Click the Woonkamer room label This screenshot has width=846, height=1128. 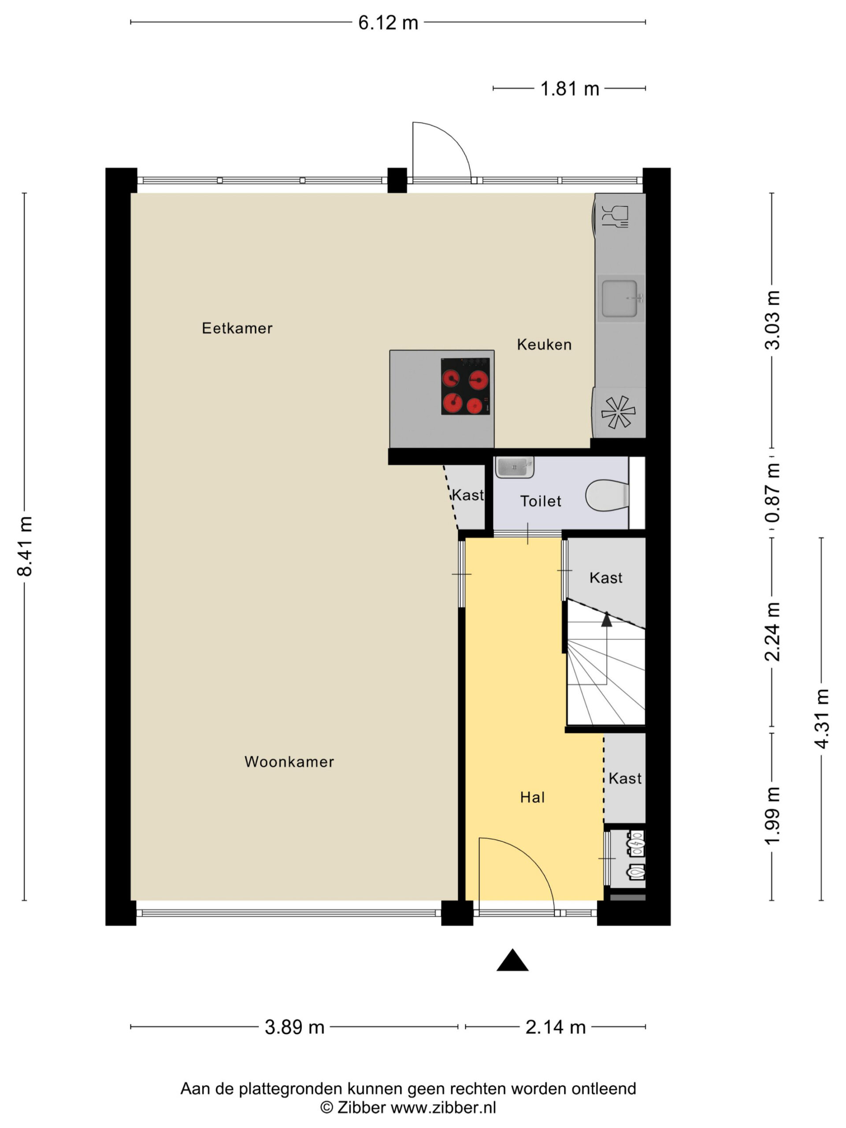click(x=289, y=762)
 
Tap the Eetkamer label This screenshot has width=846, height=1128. click(x=237, y=328)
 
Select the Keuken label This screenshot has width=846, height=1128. click(x=544, y=344)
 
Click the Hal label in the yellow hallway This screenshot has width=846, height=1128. click(x=532, y=797)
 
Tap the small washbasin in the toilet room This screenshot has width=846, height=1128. click(x=515, y=467)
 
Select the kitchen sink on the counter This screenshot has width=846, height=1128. click(x=620, y=298)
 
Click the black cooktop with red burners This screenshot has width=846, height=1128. click(x=465, y=386)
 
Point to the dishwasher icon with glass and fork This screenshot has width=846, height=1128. click(x=615, y=216)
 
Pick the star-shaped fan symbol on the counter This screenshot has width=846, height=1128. click(x=618, y=412)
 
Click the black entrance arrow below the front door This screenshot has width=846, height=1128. click(x=512, y=960)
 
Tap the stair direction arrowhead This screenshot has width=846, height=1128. click(x=606, y=619)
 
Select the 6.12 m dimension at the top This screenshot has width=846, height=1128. click(x=388, y=23)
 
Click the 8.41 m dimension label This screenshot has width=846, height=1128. click(x=25, y=545)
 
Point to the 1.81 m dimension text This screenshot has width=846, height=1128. click(x=570, y=89)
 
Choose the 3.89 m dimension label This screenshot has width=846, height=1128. click(x=295, y=1027)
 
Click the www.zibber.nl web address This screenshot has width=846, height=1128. click(x=443, y=1107)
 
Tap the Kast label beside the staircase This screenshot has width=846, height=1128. click(x=606, y=578)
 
